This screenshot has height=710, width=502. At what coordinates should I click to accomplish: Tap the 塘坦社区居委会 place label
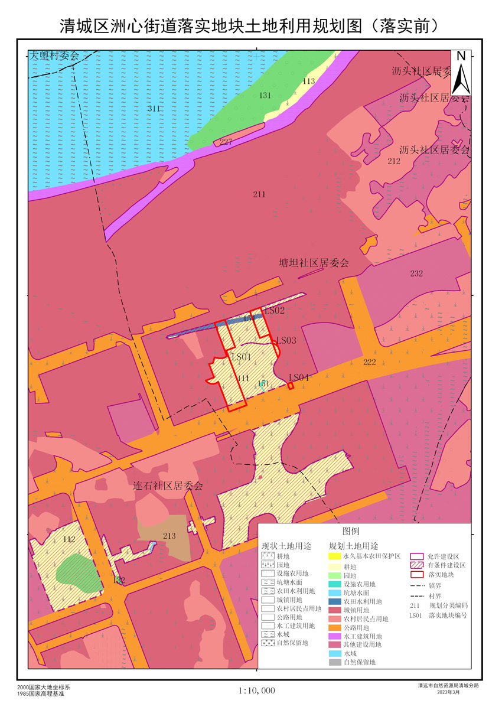314,263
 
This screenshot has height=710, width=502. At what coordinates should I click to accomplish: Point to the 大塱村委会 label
54,56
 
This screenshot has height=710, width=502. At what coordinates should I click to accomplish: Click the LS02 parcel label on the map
275,310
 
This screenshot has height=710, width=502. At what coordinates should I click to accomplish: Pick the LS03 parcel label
286,340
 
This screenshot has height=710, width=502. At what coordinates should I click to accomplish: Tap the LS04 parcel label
299,377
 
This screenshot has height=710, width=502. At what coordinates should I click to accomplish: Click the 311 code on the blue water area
154,109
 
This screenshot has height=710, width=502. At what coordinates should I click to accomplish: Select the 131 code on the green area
265,95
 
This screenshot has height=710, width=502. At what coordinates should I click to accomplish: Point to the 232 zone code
416,273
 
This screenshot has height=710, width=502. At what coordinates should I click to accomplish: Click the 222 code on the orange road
369,362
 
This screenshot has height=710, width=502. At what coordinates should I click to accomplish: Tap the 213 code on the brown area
169,536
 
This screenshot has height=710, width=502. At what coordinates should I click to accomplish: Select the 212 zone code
394,161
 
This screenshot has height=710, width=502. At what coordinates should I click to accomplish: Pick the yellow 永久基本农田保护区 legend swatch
335,556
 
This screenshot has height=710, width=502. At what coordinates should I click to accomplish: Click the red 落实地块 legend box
418,574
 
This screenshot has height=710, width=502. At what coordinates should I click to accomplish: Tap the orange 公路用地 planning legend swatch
335,627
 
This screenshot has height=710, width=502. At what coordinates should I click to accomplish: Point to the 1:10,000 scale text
257,690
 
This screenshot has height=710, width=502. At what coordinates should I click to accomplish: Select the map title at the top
250,26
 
